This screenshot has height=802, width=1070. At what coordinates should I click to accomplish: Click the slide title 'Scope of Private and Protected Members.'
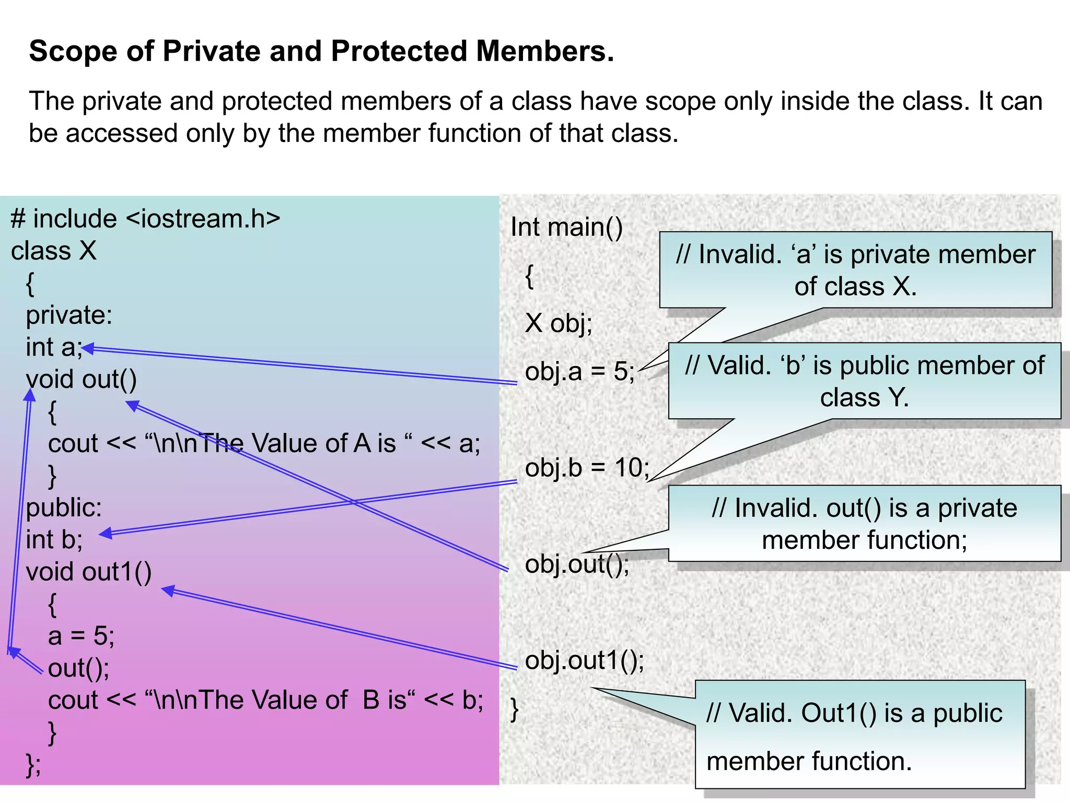pos(321,51)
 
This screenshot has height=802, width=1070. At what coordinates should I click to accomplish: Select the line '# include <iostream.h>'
pos(145,219)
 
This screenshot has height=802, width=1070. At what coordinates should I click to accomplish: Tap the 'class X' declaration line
pos(54,251)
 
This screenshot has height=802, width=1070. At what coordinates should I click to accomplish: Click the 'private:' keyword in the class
pos(69,315)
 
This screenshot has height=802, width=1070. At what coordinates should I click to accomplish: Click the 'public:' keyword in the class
pos(64,508)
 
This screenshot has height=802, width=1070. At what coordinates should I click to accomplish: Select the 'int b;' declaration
pos(54,540)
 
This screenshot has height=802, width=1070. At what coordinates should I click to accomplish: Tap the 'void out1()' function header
pos(89,572)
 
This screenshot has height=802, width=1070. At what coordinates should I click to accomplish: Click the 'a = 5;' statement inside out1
pos(81,636)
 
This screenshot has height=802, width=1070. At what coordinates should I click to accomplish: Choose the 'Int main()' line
pos(566,227)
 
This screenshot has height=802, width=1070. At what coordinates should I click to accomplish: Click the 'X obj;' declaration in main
pos(559,323)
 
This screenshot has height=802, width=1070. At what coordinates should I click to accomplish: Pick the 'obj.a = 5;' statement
pos(579,372)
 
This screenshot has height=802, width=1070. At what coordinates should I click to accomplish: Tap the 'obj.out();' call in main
pos(577,564)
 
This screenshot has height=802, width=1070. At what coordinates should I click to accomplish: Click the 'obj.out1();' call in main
pos(585,661)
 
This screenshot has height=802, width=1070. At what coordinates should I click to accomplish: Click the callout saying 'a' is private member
pos(855,270)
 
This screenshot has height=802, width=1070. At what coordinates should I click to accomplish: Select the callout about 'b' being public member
pos(864,381)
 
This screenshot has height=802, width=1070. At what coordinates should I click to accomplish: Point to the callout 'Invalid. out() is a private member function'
pos(864,524)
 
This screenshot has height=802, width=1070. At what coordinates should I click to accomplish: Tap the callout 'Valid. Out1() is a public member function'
pos(860,735)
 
